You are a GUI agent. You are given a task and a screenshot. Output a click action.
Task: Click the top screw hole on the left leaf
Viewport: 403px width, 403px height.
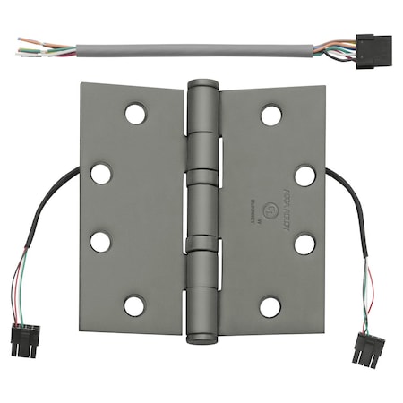(135, 114)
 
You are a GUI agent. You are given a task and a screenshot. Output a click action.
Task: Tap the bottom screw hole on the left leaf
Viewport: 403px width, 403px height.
(134, 305)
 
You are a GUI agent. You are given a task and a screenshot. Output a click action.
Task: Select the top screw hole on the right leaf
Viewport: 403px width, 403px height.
(270, 115)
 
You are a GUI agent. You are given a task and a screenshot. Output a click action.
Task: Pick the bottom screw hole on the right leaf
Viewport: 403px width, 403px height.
(270, 307)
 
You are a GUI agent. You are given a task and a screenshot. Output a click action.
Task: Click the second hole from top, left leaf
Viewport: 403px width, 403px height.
(101, 174)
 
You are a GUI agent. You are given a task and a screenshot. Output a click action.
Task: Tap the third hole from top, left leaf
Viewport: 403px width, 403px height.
(100, 242)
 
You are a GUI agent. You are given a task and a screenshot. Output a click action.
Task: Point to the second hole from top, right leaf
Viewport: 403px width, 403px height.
(305, 176)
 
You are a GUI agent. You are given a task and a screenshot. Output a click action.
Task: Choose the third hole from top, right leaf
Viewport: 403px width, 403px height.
(304, 244)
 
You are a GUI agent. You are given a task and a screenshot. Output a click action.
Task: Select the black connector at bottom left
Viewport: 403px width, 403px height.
(25, 340)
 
